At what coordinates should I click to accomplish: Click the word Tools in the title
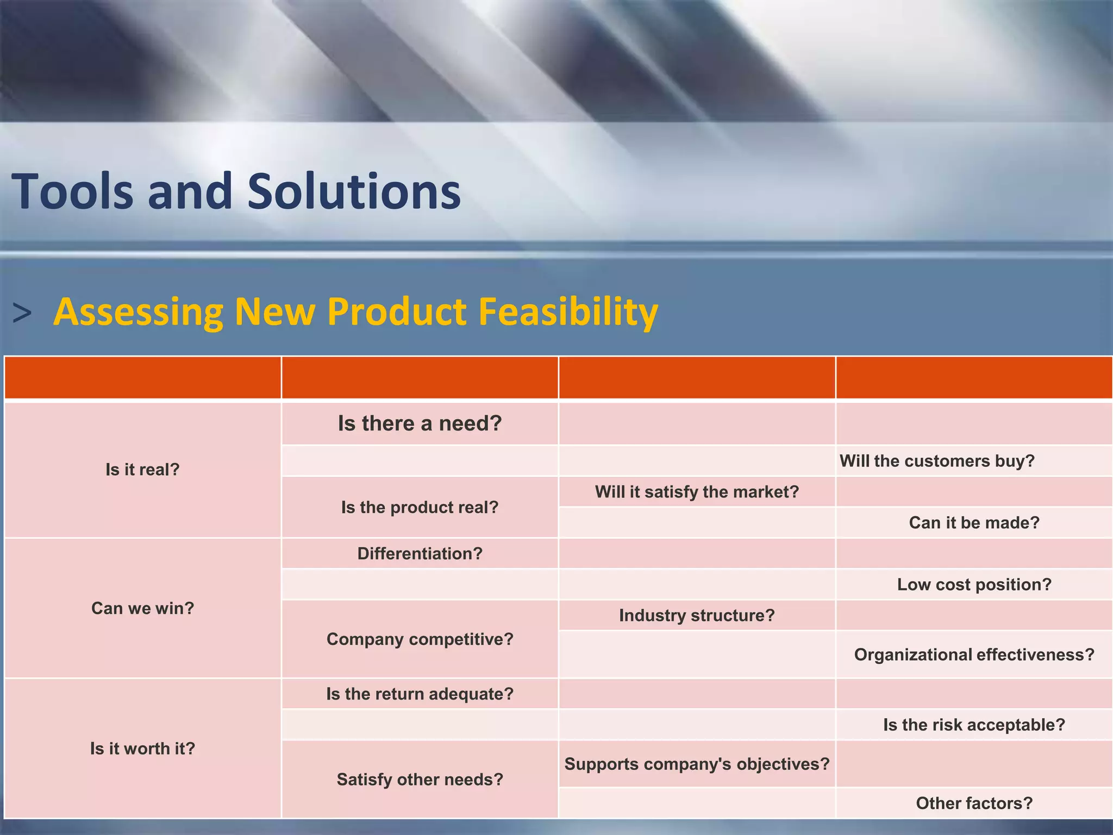click(x=72, y=191)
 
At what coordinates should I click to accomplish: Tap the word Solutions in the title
click(x=354, y=191)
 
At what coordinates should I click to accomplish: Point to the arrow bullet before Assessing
click(x=22, y=314)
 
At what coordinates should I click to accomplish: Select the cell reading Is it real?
click(x=142, y=470)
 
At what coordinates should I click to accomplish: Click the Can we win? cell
click(x=142, y=608)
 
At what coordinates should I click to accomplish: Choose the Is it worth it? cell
click(x=142, y=749)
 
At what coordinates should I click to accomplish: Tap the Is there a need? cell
click(x=420, y=423)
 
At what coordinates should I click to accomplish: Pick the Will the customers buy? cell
click(x=937, y=461)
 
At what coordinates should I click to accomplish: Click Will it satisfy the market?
click(x=697, y=492)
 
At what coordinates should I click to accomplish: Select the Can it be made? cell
click(x=974, y=522)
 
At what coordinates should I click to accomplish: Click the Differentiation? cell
click(x=420, y=553)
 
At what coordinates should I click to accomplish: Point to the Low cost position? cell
click(x=974, y=584)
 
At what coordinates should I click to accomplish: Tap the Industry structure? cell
click(x=697, y=615)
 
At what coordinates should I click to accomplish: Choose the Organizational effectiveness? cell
click(x=974, y=655)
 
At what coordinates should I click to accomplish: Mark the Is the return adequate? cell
click(x=420, y=694)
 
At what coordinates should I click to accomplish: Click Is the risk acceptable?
click(x=974, y=725)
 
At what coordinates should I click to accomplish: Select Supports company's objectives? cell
click(x=697, y=764)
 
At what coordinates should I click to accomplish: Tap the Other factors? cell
click(x=974, y=803)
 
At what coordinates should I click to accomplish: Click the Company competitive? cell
click(x=420, y=639)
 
